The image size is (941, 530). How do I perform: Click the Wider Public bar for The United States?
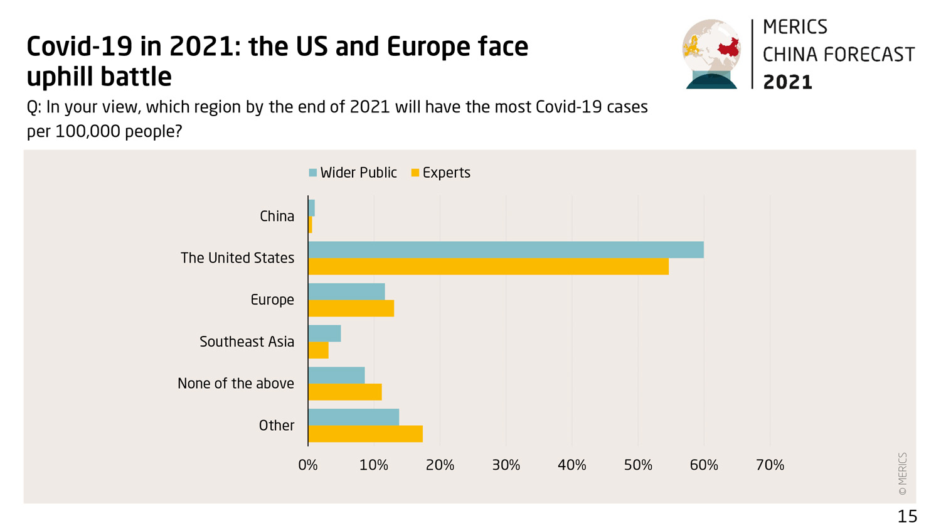[506, 250]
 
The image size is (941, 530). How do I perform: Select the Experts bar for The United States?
[488, 267]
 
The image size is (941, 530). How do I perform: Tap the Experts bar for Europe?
[351, 308]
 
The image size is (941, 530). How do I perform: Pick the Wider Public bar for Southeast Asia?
[324, 333]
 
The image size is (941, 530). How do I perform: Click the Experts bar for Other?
[365, 434]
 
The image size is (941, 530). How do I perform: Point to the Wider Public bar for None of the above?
[336, 376]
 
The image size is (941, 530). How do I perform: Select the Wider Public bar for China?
[311, 208]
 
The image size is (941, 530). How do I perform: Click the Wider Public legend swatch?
[313, 173]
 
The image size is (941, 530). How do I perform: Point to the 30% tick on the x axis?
[506, 465]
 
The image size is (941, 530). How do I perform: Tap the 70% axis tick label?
[770, 465]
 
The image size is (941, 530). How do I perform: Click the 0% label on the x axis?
[307, 465]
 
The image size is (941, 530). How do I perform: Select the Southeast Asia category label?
[247, 342]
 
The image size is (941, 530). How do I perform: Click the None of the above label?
[235, 384]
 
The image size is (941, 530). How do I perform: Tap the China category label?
[277, 216]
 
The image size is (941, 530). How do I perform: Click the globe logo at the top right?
[711, 53]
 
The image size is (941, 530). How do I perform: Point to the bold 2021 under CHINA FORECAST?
[787, 82]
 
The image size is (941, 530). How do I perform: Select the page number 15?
[907, 516]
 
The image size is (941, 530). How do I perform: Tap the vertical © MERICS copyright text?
[903, 474]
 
